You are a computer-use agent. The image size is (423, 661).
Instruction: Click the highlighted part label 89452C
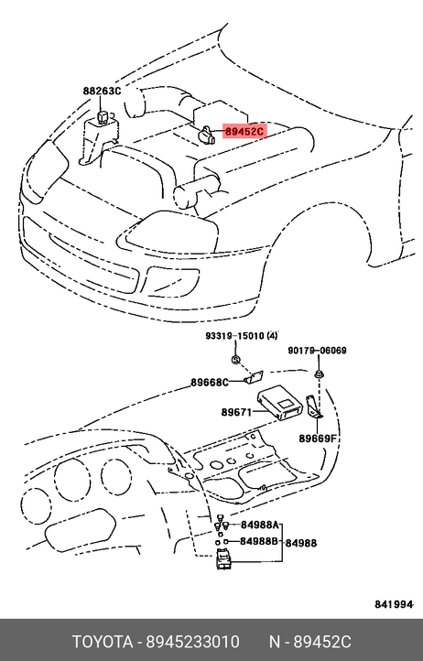coord(244,132)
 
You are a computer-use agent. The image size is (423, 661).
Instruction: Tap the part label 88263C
coord(102,91)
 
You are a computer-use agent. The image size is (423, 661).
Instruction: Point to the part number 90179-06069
coord(317,351)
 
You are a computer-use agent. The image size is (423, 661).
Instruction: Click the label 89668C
coord(210,383)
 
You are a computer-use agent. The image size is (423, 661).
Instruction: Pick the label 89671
coord(236,412)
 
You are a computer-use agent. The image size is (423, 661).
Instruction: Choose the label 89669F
coord(318,439)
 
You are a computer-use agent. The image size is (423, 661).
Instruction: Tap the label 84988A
coord(260,525)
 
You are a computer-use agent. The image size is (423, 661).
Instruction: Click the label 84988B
coord(259,541)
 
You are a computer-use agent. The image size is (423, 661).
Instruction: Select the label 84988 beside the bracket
coord(300,543)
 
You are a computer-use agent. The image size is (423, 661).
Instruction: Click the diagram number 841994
coord(394,604)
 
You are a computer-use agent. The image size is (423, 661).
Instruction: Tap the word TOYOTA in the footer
coord(103,642)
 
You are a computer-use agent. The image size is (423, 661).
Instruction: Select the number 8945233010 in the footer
coord(193,642)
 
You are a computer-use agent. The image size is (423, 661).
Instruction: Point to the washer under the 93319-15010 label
coord(235,360)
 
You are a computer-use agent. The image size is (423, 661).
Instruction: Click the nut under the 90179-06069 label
coord(319,374)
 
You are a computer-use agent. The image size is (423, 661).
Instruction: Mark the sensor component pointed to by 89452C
coord(207,134)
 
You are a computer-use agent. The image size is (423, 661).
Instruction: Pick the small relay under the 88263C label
coord(103,116)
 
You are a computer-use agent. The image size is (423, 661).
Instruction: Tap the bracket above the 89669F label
coord(314,407)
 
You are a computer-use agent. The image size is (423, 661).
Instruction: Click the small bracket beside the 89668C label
coord(255,377)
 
